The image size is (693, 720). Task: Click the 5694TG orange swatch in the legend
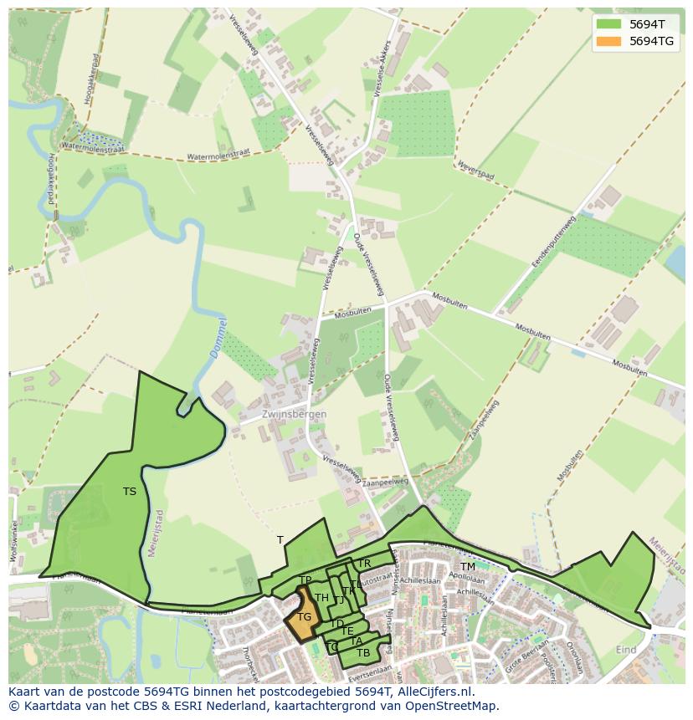[608, 41]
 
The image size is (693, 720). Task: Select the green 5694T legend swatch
[608, 24]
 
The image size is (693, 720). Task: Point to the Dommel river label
[218, 340]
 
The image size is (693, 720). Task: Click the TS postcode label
[130, 492]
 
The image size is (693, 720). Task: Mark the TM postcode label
[468, 567]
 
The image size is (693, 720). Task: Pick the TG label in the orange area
[304, 617]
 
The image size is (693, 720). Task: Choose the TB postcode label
[363, 652]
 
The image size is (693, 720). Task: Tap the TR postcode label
[364, 564]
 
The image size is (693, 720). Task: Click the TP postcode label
[305, 580]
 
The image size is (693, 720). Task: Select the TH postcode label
[321, 598]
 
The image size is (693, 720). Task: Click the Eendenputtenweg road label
[554, 242]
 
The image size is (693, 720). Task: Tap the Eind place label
[626, 649]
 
